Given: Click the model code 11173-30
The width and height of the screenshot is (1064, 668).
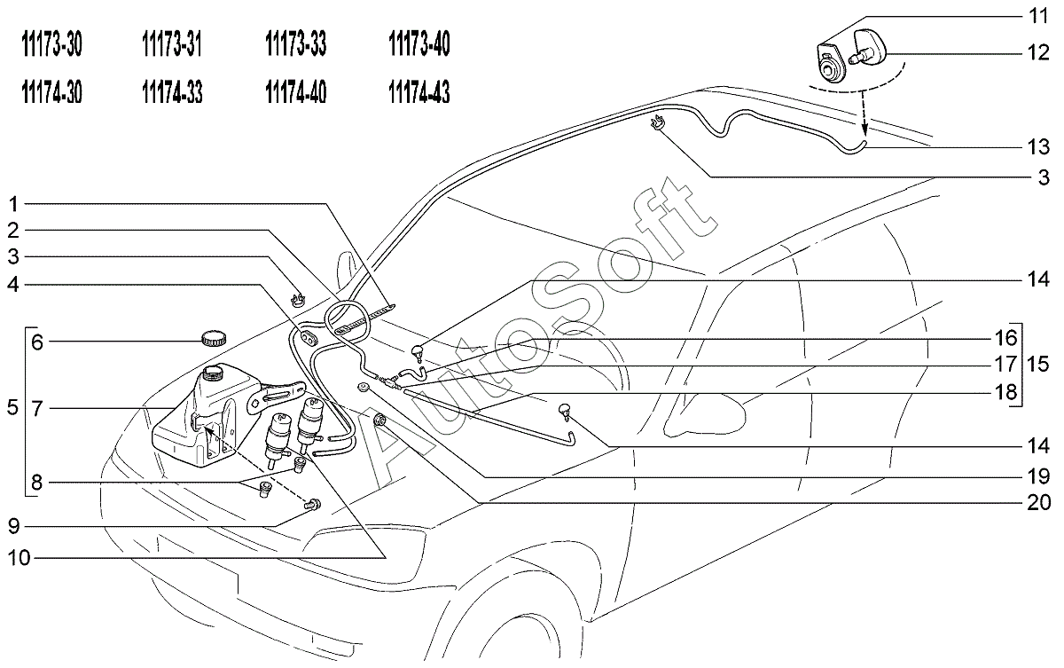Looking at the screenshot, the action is coord(51,44).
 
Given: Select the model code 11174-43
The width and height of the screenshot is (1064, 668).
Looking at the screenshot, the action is coord(419,91).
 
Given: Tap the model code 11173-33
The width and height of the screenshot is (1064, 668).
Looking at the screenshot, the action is coord(295,44).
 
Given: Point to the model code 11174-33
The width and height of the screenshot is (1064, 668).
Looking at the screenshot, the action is coord(172,91).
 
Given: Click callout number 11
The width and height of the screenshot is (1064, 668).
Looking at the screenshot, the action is coord(1038,16).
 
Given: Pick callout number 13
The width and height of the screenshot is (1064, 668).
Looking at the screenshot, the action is coord(1038,147).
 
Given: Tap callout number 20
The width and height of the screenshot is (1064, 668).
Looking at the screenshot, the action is coord(1039,503).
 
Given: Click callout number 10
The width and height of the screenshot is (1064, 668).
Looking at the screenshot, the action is coord(19,558).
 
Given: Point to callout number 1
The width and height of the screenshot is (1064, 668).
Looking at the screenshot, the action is coord(13,205).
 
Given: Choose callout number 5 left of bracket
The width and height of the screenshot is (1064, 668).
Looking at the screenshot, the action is coord(12,408).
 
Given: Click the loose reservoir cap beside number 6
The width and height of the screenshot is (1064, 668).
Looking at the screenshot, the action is coord(214,338).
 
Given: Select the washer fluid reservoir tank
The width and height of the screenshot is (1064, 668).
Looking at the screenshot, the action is coord(205,416).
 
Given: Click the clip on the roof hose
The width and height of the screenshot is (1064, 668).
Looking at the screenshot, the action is coord(657,122).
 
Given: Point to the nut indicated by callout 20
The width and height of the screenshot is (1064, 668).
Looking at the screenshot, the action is coord(380,420).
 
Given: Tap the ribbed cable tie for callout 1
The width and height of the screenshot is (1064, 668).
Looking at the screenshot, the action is coord(365,318).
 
